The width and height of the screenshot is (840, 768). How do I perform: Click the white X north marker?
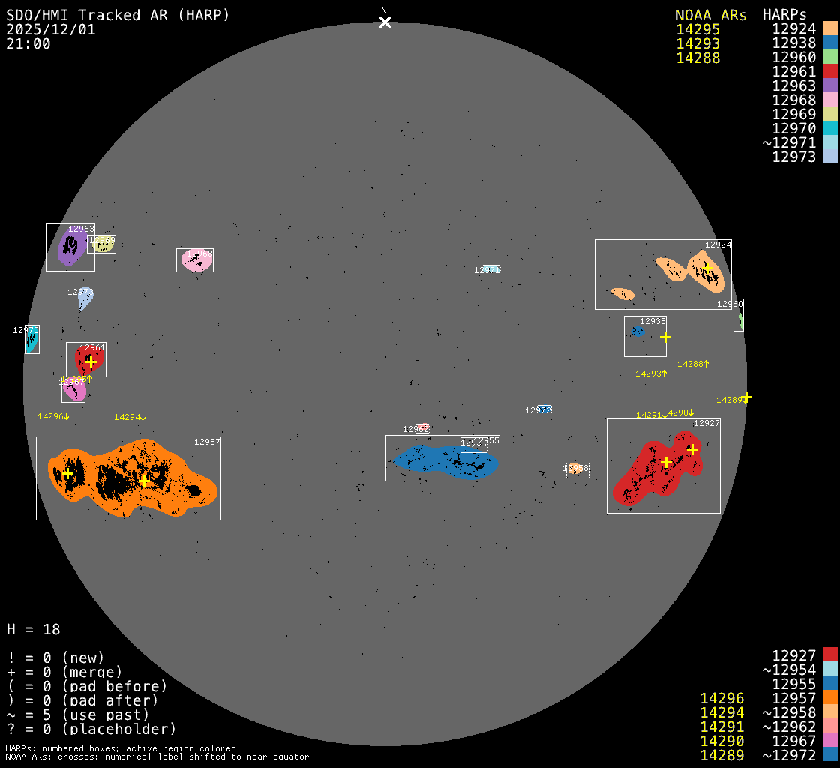(385, 22)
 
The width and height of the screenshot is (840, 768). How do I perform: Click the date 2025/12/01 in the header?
(50, 29)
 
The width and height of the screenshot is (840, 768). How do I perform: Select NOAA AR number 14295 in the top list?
(697, 29)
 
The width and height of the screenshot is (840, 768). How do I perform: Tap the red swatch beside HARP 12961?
(830, 72)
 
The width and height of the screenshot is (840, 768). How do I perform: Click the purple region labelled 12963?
(70, 246)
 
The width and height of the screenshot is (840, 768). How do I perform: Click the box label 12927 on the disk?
(706, 424)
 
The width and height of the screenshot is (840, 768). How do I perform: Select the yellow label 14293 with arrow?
(650, 373)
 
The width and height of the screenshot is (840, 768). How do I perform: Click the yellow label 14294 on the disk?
(129, 417)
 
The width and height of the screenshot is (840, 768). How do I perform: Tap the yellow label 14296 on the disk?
(52, 416)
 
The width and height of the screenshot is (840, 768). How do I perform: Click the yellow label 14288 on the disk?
(692, 364)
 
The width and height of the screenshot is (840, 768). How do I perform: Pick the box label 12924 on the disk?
(718, 244)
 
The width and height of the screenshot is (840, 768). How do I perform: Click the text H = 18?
(33, 629)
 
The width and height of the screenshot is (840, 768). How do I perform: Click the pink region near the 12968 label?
(194, 259)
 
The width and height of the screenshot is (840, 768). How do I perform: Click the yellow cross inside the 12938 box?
(665, 337)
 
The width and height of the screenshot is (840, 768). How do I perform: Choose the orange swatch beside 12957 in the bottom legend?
(830, 699)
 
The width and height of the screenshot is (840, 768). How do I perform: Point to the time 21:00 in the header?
(28, 43)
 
